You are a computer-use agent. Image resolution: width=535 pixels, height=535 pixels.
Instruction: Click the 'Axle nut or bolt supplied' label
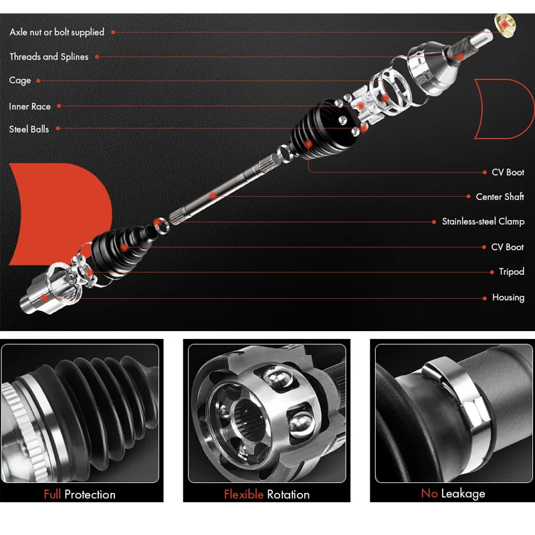pos(57,32)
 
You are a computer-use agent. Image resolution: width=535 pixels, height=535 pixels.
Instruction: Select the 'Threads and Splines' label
pos(49,57)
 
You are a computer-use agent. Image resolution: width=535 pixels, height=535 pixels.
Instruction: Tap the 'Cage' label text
pos(20,80)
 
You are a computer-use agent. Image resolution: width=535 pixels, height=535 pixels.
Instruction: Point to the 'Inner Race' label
pos(30,106)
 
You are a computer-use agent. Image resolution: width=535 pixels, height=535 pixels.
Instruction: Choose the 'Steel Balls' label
pos(29,129)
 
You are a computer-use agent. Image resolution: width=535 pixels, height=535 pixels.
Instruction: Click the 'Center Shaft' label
pos(500,197)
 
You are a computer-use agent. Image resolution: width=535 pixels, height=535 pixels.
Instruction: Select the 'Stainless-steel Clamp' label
pos(483,221)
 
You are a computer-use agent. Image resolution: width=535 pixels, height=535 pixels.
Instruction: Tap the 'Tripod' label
pos(511,272)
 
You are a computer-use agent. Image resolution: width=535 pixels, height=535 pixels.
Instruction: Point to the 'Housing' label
pos(508,298)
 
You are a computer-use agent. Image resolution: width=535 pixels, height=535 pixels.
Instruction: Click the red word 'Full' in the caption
pos(52,495)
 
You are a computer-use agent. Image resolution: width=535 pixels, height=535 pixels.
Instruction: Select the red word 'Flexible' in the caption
pos(243,495)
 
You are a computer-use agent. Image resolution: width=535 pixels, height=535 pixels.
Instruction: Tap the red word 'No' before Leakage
pos(429,494)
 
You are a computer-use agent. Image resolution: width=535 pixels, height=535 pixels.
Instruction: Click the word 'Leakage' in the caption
pos(463,494)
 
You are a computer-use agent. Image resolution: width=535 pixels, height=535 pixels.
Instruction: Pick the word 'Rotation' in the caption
pos(288,495)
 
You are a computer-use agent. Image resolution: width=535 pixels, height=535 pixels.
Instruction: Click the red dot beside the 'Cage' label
pos(38,81)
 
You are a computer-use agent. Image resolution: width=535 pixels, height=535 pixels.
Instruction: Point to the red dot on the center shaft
pos(212,196)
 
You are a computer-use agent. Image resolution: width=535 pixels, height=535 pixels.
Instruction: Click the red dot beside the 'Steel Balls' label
pos(56,129)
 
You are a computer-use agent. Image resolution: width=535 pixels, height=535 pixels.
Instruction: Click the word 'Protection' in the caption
pos(90,495)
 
